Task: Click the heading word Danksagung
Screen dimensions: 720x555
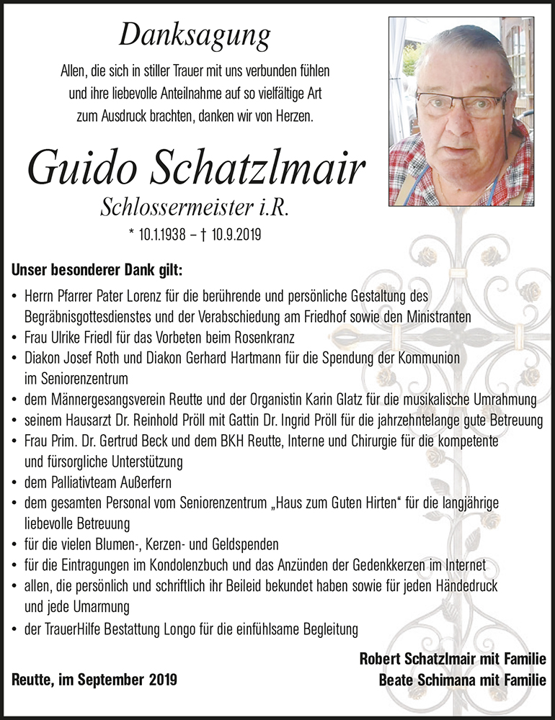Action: click(195, 35)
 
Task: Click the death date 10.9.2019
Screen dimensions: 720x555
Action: click(235, 234)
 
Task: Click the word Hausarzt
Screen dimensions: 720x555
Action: click(86, 419)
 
